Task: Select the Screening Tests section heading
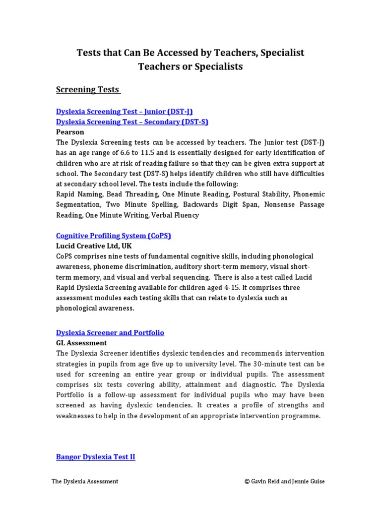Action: coord(87,89)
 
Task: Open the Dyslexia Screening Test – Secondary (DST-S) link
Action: coord(132,122)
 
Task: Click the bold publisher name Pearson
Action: coord(70,132)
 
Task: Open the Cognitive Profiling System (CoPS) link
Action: coord(114,236)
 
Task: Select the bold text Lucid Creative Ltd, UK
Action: coord(94,246)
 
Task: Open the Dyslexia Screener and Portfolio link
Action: coord(110,332)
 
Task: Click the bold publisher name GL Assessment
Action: coord(81,343)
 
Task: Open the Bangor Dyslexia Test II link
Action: coord(96,457)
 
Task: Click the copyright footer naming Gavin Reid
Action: coord(284,481)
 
